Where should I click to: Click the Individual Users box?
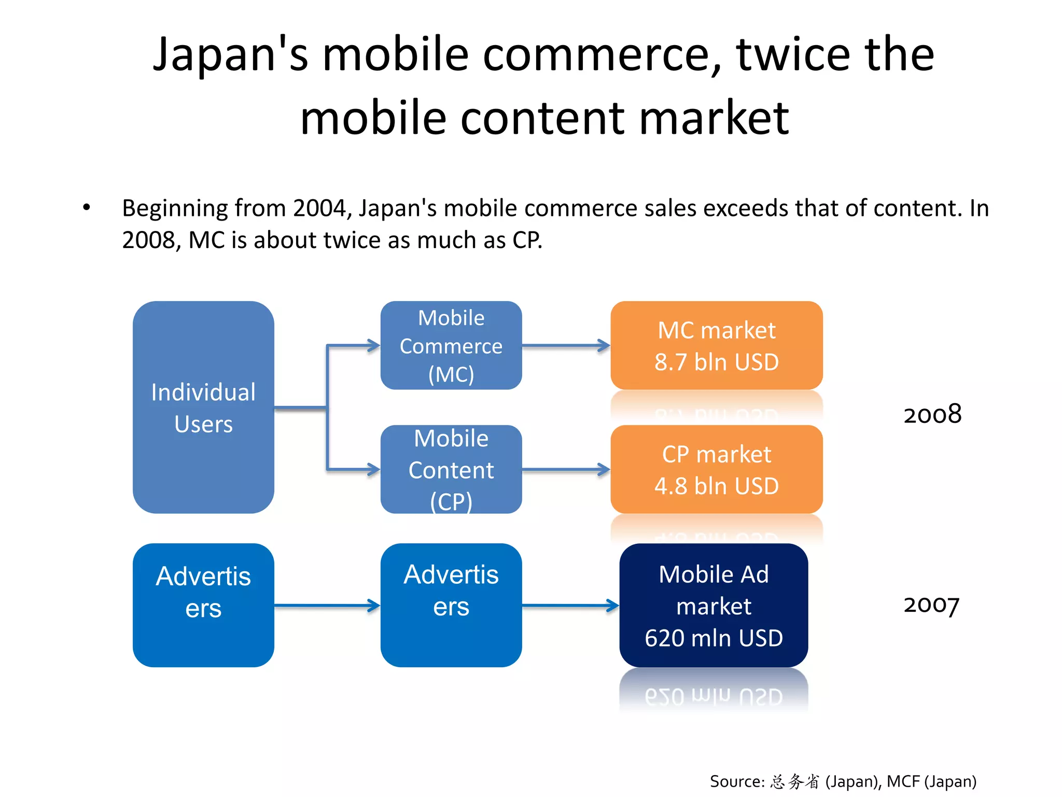click(x=203, y=407)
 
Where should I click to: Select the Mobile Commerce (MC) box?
click(x=451, y=346)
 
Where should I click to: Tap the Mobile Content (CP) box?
click(x=451, y=469)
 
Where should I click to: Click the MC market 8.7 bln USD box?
click(x=716, y=346)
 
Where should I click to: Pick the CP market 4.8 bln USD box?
click(x=716, y=469)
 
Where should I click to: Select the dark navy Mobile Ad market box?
click(x=714, y=605)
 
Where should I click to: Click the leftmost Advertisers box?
click(x=203, y=605)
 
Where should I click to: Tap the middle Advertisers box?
click(x=451, y=605)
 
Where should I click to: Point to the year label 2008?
click(x=932, y=415)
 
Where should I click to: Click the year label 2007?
click(x=931, y=605)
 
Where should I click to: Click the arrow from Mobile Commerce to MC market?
click(x=566, y=346)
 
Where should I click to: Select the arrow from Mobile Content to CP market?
click(x=566, y=470)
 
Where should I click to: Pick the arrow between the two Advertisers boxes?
click(x=327, y=605)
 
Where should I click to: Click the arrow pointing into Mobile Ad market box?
click(x=570, y=605)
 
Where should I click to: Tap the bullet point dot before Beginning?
click(x=87, y=208)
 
